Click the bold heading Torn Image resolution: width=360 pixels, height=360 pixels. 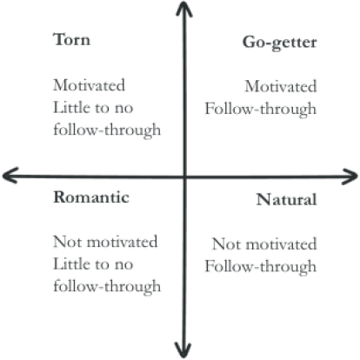pyautogui.click(x=71, y=39)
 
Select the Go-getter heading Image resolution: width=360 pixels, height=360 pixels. pyautogui.click(x=279, y=43)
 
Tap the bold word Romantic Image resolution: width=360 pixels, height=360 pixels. pyautogui.click(x=91, y=197)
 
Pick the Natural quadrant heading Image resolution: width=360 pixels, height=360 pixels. pyautogui.click(x=286, y=200)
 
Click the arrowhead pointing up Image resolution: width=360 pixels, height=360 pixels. pyautogui.click(x=183, y=9)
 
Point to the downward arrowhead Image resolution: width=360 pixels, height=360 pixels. pyautogui.click(x=183, y=350)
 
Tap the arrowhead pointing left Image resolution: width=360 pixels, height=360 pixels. pyautogui.click(x=10, y=176)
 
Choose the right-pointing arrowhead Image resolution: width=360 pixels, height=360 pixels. pyautogui.click(x=350, y=177)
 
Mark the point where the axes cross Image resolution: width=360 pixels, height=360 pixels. pyautogui.click(x=184, y=177)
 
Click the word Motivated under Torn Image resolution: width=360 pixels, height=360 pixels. pyautogui.click(x=89, y=85)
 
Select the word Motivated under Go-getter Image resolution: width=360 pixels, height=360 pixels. pyautogui.click(x=281, y=87)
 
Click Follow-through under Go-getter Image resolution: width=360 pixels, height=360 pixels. pyautogui.click(x=261, y=110)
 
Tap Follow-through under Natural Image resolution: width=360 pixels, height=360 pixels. pyautogui.click(x=261, y=266)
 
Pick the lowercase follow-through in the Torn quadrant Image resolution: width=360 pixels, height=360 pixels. pyautogui.click(x=107, y=130)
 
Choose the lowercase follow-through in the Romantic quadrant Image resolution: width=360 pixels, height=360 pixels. pyautogui.click(x=107, y=287)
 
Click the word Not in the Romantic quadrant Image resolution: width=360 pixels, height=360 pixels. pyautogui.click(x=68, y=242)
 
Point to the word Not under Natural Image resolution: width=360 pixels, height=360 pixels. pyautogui.click(x=226, y=244)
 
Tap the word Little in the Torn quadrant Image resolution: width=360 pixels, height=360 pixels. pyautogui.click(x=71, y=108)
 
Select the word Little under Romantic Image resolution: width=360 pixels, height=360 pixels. pyautogui.click(x=71, y=264)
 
